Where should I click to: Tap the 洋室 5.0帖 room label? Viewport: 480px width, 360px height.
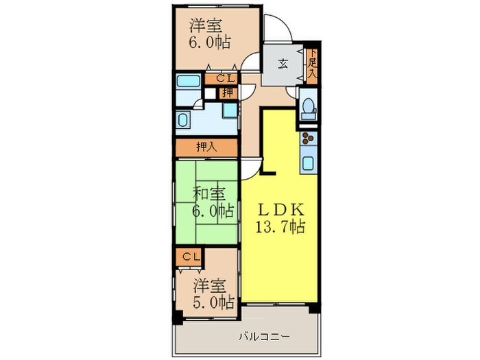pyautogui.click(x=213, y=293)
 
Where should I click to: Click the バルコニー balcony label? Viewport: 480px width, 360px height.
pyautogui.click(x=264, y=337)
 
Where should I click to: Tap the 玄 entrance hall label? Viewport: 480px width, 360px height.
pyautogui.click(x=282, y=65)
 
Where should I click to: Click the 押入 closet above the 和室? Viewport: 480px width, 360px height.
pyautogui.click(x=207, y=147)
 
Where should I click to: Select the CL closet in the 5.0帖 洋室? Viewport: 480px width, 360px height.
pyautogui.click(x=191, y=256)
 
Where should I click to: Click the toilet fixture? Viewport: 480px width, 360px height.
pyautogui.click(x=308, y=108)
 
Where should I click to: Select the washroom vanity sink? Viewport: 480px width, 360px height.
pyautogui.click(x=183, y=119)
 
